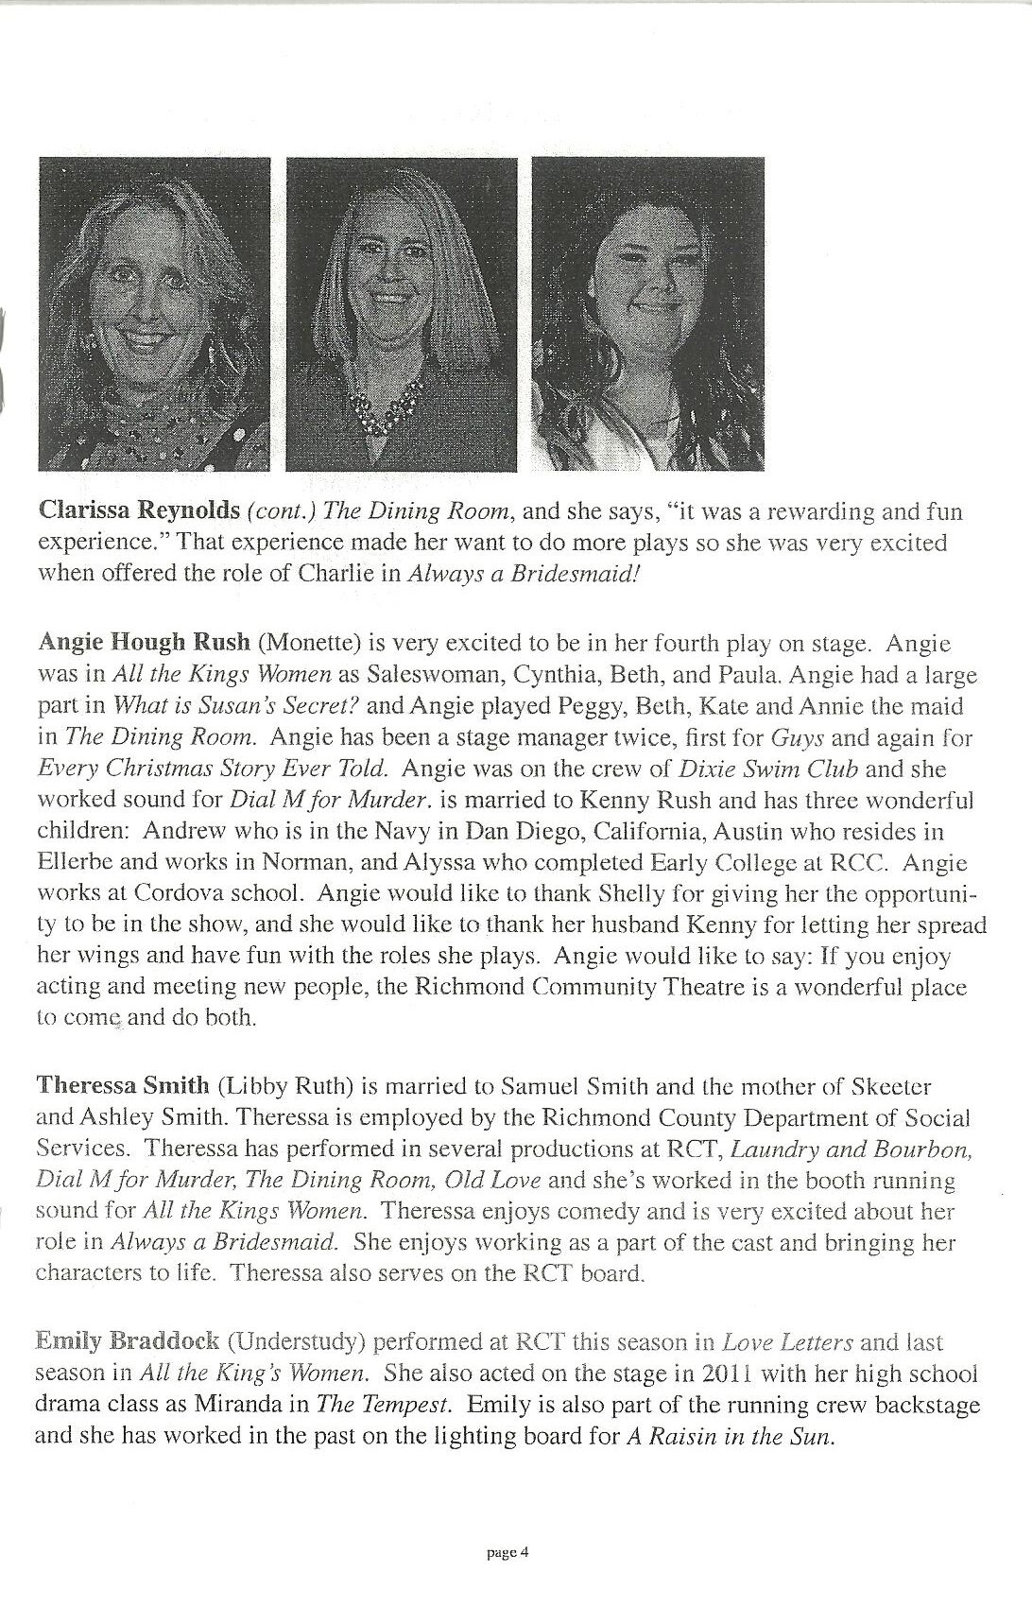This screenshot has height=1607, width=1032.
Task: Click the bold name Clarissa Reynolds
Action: [x=137, y=512]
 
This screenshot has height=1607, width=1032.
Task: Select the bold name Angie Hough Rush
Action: [x=143, y=643]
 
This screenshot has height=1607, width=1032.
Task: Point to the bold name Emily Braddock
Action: [x=127, y=1340]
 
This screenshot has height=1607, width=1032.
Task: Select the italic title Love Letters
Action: [x=788, y=1340]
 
